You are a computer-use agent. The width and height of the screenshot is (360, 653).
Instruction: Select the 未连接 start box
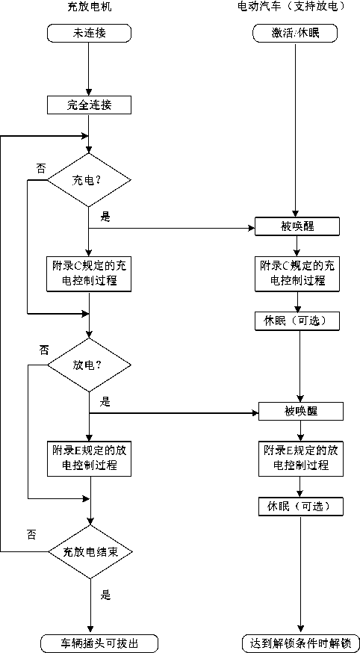tap(89, 33)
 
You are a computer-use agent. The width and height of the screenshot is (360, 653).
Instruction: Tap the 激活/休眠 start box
tap(295, 33)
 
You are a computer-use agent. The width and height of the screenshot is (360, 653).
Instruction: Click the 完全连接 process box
tap(89, 105)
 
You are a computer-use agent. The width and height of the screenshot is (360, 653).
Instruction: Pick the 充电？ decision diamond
tap(89, 180)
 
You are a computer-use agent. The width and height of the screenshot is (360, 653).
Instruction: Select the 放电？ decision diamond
tap(89, 365)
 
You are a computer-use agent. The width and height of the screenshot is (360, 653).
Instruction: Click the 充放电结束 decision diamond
tap(90, 552)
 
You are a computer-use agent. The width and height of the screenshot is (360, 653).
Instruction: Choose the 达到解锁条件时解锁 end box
tap(300, 643)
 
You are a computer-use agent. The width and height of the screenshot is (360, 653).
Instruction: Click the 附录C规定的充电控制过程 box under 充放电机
tap(90, 273)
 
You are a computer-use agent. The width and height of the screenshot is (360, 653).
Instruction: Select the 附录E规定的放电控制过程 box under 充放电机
tap(90, 458)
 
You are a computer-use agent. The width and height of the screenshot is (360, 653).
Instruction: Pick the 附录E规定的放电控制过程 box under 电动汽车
tap(300, 458)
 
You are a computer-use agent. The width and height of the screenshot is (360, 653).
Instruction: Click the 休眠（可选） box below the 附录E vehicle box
tap(300, 506)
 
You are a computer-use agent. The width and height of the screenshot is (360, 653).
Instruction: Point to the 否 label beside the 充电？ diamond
tap(42, 168)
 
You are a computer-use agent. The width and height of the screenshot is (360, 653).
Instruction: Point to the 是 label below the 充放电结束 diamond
tap(106, 595)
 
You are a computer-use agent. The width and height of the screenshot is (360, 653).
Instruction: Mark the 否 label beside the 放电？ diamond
tap(43, 349)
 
